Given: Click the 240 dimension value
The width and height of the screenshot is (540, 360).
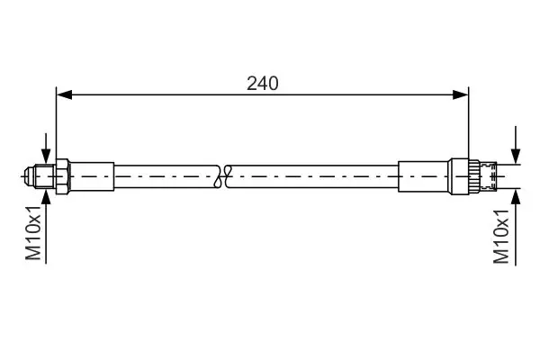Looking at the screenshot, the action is click(x=263, y=84).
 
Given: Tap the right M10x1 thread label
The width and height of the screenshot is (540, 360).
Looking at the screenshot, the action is click(x=500, y=237).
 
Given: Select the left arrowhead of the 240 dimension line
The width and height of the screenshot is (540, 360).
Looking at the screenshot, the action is click(x=64, y=94).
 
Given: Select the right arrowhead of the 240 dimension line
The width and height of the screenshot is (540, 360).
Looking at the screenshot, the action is click(x=461, y=94).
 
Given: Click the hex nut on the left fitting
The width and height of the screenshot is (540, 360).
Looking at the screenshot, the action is click(x=63, y=176).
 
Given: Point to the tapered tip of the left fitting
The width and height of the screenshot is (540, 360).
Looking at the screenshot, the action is click(x=29, y=176).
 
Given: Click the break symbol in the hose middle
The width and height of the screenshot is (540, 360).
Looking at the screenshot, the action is click(x=222, y=176).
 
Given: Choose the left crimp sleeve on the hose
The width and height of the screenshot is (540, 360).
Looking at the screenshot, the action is click(x=92, y=176).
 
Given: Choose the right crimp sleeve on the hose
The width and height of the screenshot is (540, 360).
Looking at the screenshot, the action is click(x=424, y=176).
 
